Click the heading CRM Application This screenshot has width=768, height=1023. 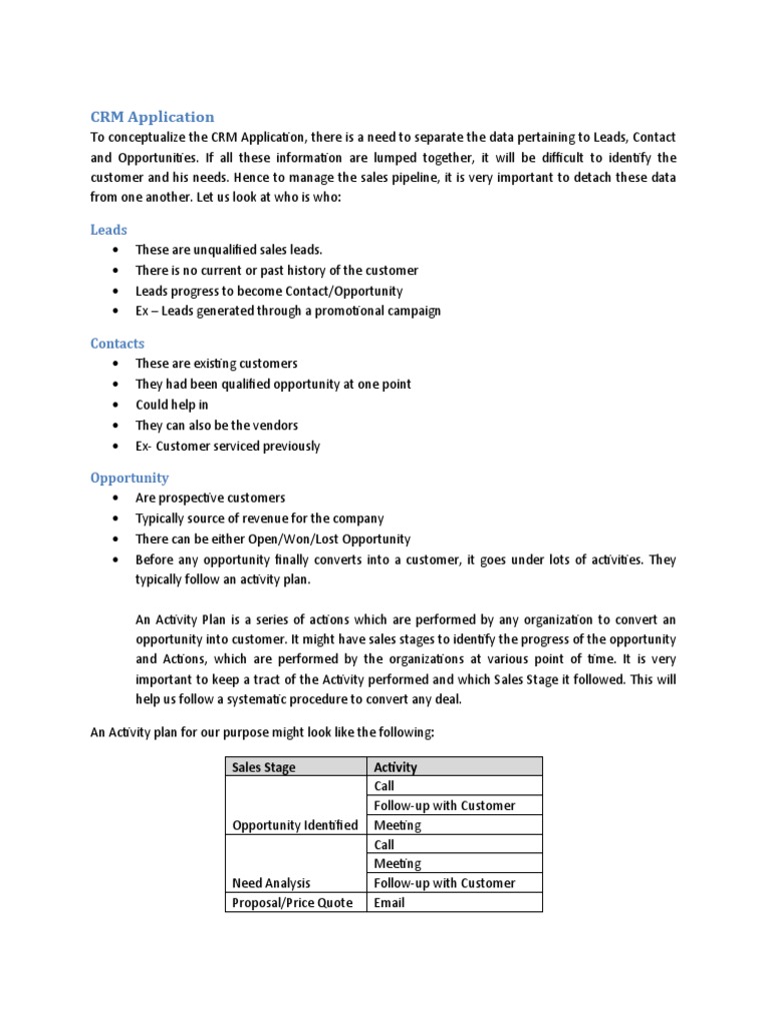152,116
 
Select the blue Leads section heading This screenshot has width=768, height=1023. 109,230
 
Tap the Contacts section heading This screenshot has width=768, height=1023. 117,344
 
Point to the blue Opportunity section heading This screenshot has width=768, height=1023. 129,478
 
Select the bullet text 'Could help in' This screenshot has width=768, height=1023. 172,405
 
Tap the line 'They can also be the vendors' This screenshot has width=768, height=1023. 216,426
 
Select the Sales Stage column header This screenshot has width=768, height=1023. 263,767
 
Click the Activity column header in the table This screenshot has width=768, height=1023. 395,767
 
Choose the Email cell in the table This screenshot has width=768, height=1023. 389,902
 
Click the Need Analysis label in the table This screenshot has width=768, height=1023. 271,883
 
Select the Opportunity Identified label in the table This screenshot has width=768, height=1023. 294,825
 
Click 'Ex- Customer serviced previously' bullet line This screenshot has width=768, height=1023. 227,447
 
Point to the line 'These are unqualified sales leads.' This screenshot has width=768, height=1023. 229,250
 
